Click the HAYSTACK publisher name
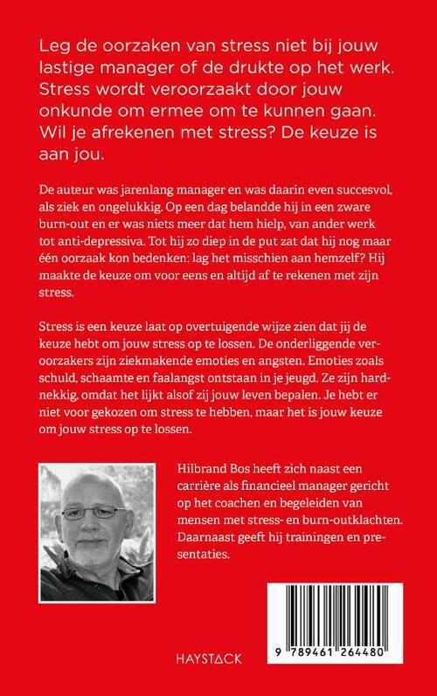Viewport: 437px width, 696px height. tap(218, 651)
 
